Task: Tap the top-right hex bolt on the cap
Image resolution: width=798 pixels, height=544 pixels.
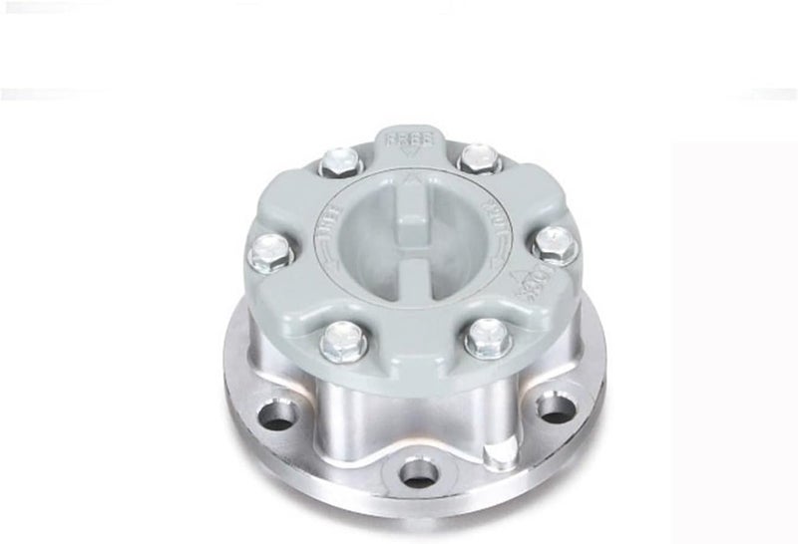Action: coord(477,158)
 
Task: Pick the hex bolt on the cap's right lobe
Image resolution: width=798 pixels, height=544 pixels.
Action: coord(554,243)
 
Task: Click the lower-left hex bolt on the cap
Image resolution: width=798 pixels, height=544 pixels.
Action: coord(342,341)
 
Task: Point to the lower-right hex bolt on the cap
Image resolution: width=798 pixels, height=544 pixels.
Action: coord(488,337)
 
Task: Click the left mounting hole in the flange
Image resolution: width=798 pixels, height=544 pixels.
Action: coord(278,413)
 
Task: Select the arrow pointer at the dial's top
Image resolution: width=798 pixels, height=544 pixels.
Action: coord(411,183)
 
